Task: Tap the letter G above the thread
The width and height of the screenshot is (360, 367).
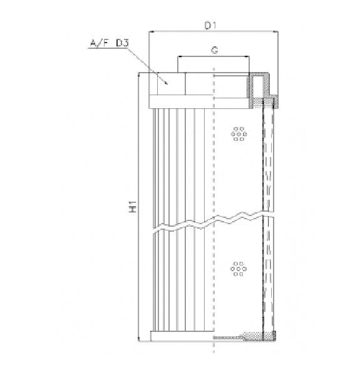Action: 214,49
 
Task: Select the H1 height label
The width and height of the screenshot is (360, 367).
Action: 133,208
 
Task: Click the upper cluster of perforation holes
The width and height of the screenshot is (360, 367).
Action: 238,133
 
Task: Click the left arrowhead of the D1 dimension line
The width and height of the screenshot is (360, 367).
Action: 151,33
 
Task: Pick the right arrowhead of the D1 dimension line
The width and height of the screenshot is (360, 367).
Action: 274,33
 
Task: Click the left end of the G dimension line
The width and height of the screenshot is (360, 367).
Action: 179,56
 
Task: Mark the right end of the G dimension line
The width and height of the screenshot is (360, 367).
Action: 249,56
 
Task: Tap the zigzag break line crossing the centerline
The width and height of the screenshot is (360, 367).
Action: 214,220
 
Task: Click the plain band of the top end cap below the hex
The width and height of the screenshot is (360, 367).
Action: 182,101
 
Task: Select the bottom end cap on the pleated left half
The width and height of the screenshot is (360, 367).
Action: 182,337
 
